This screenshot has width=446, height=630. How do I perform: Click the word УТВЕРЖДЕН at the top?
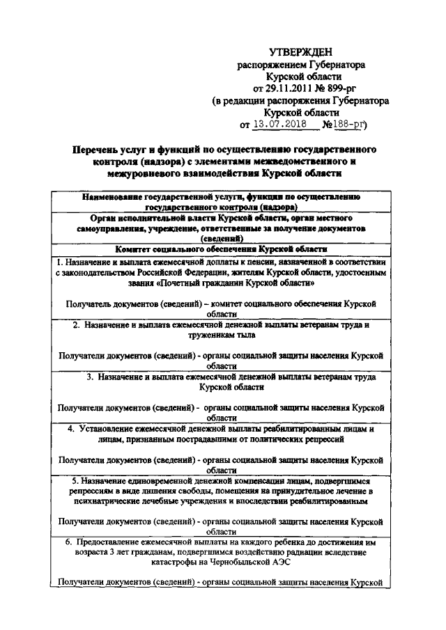pyautogui.click(x=300, y=52)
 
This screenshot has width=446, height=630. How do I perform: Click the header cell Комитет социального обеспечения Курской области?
pyautogui.click(x=222, y=249)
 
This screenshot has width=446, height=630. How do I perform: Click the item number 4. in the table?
pyautogui.click(x=72, y=428)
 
